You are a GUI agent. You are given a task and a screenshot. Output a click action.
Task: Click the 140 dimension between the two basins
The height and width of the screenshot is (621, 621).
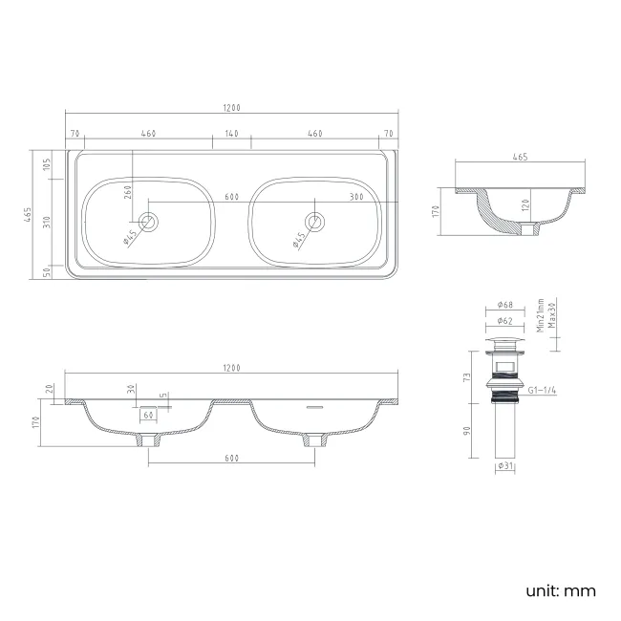231,133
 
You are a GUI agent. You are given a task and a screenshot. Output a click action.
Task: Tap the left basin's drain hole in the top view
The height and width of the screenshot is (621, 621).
148,222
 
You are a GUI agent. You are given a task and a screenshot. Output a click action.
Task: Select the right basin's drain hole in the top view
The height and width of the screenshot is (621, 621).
316,222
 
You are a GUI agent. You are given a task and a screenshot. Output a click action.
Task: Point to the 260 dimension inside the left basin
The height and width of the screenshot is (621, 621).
128,195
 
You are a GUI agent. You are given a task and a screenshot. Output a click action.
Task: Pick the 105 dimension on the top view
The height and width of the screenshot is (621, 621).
45,165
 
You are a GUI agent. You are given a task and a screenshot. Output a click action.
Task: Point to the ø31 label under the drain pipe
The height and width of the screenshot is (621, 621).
506,466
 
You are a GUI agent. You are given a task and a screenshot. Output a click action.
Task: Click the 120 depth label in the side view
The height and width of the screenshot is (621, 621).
525,206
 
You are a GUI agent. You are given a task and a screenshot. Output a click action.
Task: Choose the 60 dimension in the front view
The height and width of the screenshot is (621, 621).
148,416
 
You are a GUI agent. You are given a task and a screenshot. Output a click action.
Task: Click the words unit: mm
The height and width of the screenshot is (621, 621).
560,590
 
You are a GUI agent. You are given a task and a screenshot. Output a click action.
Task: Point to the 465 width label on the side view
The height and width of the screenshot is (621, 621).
520,157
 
